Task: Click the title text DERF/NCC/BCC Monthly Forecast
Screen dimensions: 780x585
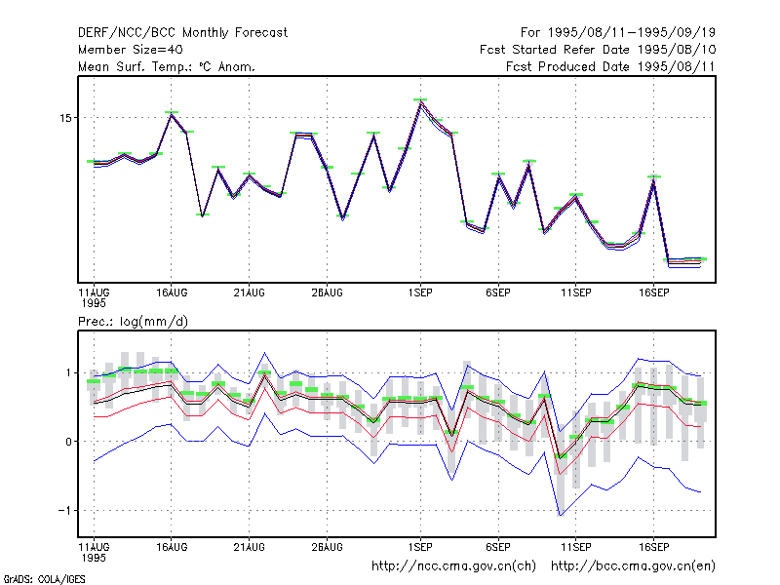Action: [182, 33]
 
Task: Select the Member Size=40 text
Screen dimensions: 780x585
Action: [131, 50]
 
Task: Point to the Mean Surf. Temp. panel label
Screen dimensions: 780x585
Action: [167, 66]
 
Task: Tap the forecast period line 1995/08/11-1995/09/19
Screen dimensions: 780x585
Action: [618, 33]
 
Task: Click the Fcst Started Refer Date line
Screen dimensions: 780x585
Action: [598, 50]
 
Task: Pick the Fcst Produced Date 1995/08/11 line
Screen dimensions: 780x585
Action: [610, 66]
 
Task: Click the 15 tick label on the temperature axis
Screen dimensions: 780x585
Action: [65, 118]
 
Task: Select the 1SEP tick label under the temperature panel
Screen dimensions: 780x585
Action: [420, 292]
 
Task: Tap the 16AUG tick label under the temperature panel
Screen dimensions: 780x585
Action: [172, 292]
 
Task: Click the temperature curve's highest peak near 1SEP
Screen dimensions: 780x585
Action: [420, 101]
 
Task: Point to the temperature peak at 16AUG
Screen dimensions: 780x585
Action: [172, 114]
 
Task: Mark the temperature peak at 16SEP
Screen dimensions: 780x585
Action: [653, 179]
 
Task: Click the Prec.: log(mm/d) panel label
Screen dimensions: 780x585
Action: [133, 322]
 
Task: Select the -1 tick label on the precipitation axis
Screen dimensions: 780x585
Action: [65, 510]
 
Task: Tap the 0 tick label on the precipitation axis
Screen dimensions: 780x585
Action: [68, 442]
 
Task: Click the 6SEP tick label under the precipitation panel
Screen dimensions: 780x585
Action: [498, 547]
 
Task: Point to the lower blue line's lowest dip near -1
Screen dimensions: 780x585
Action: [561, 516]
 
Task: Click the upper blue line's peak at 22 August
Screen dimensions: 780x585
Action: [264, 353]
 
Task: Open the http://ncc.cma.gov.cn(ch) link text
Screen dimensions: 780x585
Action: [453, 566]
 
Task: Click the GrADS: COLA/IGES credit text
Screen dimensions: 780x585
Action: [44, 579]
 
